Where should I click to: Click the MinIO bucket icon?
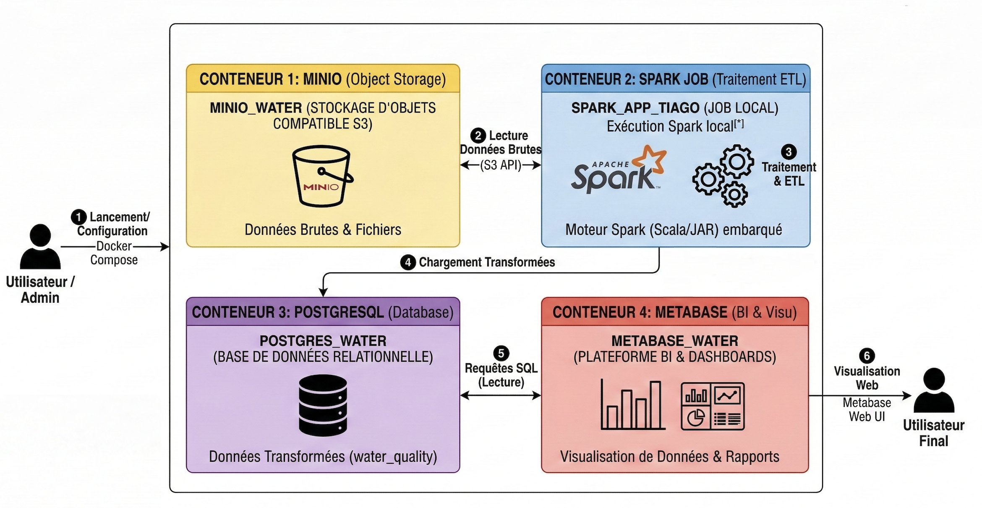(x=322, y=176)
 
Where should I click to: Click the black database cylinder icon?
(x=323, y=405)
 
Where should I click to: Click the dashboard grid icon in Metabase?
(x=713, y=406)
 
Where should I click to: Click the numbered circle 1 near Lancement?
(x=78, y=217)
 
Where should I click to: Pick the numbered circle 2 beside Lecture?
(x=478, y=136)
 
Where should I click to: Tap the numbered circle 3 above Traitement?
(x=789, y=152)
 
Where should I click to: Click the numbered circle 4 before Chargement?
(x=407, y=262)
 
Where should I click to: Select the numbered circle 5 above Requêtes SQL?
(x=501, y=353)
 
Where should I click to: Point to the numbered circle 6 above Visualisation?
(x=867, y=356)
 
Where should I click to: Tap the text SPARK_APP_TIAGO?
(x=635, y=108)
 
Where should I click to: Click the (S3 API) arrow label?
(x=501, y=165)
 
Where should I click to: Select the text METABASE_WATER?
(x=674, y=341)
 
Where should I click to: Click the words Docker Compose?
(x=114, y=253)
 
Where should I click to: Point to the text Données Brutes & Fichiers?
(x=323, y=230)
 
